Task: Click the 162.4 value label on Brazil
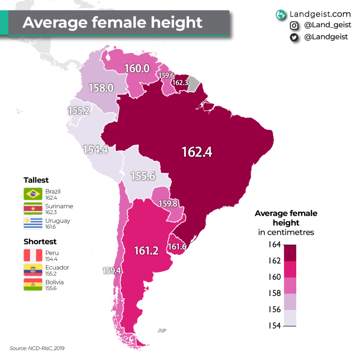197,152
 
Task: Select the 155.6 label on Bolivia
143,176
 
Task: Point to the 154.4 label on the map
96,150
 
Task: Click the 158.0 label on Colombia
101,88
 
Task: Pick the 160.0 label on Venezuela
137,68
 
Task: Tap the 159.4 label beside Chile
112,270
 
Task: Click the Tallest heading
36,180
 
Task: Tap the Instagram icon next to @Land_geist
294,26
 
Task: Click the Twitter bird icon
294,37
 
